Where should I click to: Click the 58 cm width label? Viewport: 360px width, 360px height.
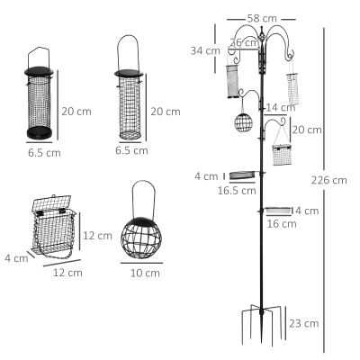tap(262, 19)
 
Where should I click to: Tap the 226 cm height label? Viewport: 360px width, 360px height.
tap(328, 180)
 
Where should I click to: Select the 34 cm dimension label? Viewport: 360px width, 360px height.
tap(205, 50)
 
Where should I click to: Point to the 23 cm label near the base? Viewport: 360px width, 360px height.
tap(304, 323)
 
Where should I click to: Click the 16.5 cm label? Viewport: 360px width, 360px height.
tap(237, 191)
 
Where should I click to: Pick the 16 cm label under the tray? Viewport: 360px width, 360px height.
tap(282, 224)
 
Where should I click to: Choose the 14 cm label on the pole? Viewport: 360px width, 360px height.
tap(281, 107)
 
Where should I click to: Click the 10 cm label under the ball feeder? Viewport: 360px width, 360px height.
tap(145, 273)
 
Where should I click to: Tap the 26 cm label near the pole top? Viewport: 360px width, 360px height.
tap(244, 42)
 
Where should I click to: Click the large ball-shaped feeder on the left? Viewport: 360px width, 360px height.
tap(141, 238)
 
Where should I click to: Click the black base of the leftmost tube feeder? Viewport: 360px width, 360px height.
tap(39, 132)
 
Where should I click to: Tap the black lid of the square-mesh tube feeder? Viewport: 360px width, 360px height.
tap(129, 73)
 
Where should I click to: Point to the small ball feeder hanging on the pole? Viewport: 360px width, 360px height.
tap(243, 122)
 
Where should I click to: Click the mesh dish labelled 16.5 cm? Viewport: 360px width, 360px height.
tap(242, 175)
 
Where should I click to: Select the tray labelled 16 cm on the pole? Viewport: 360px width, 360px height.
tap(279, 211)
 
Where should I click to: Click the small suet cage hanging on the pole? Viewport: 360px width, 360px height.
tap(282, 155)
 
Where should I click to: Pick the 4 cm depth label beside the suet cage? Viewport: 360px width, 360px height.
tap(16, 258)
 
